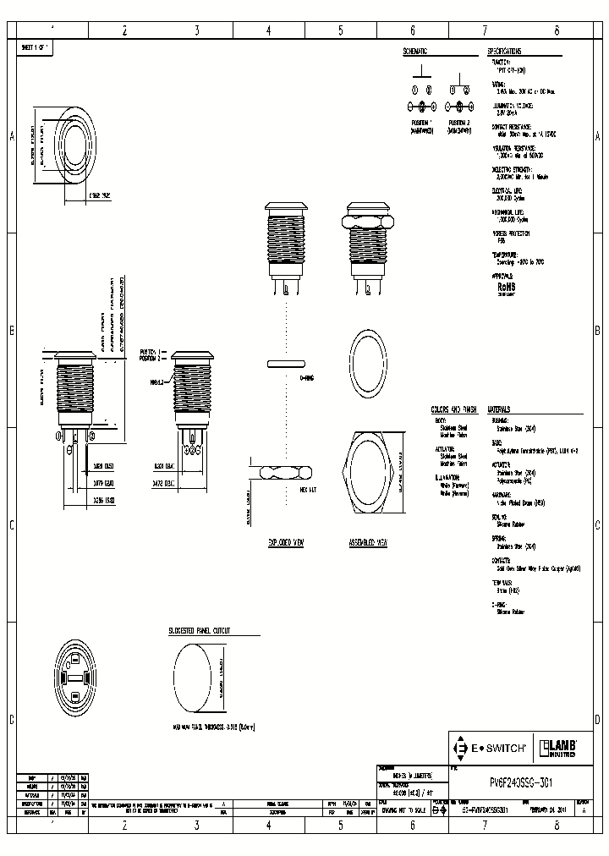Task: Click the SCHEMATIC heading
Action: point(415,52)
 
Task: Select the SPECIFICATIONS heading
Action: point(506,52)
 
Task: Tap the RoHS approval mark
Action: point(507,286)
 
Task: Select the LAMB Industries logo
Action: point(559,748)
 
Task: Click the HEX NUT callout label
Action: point(308,490)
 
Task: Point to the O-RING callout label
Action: point(307,378)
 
